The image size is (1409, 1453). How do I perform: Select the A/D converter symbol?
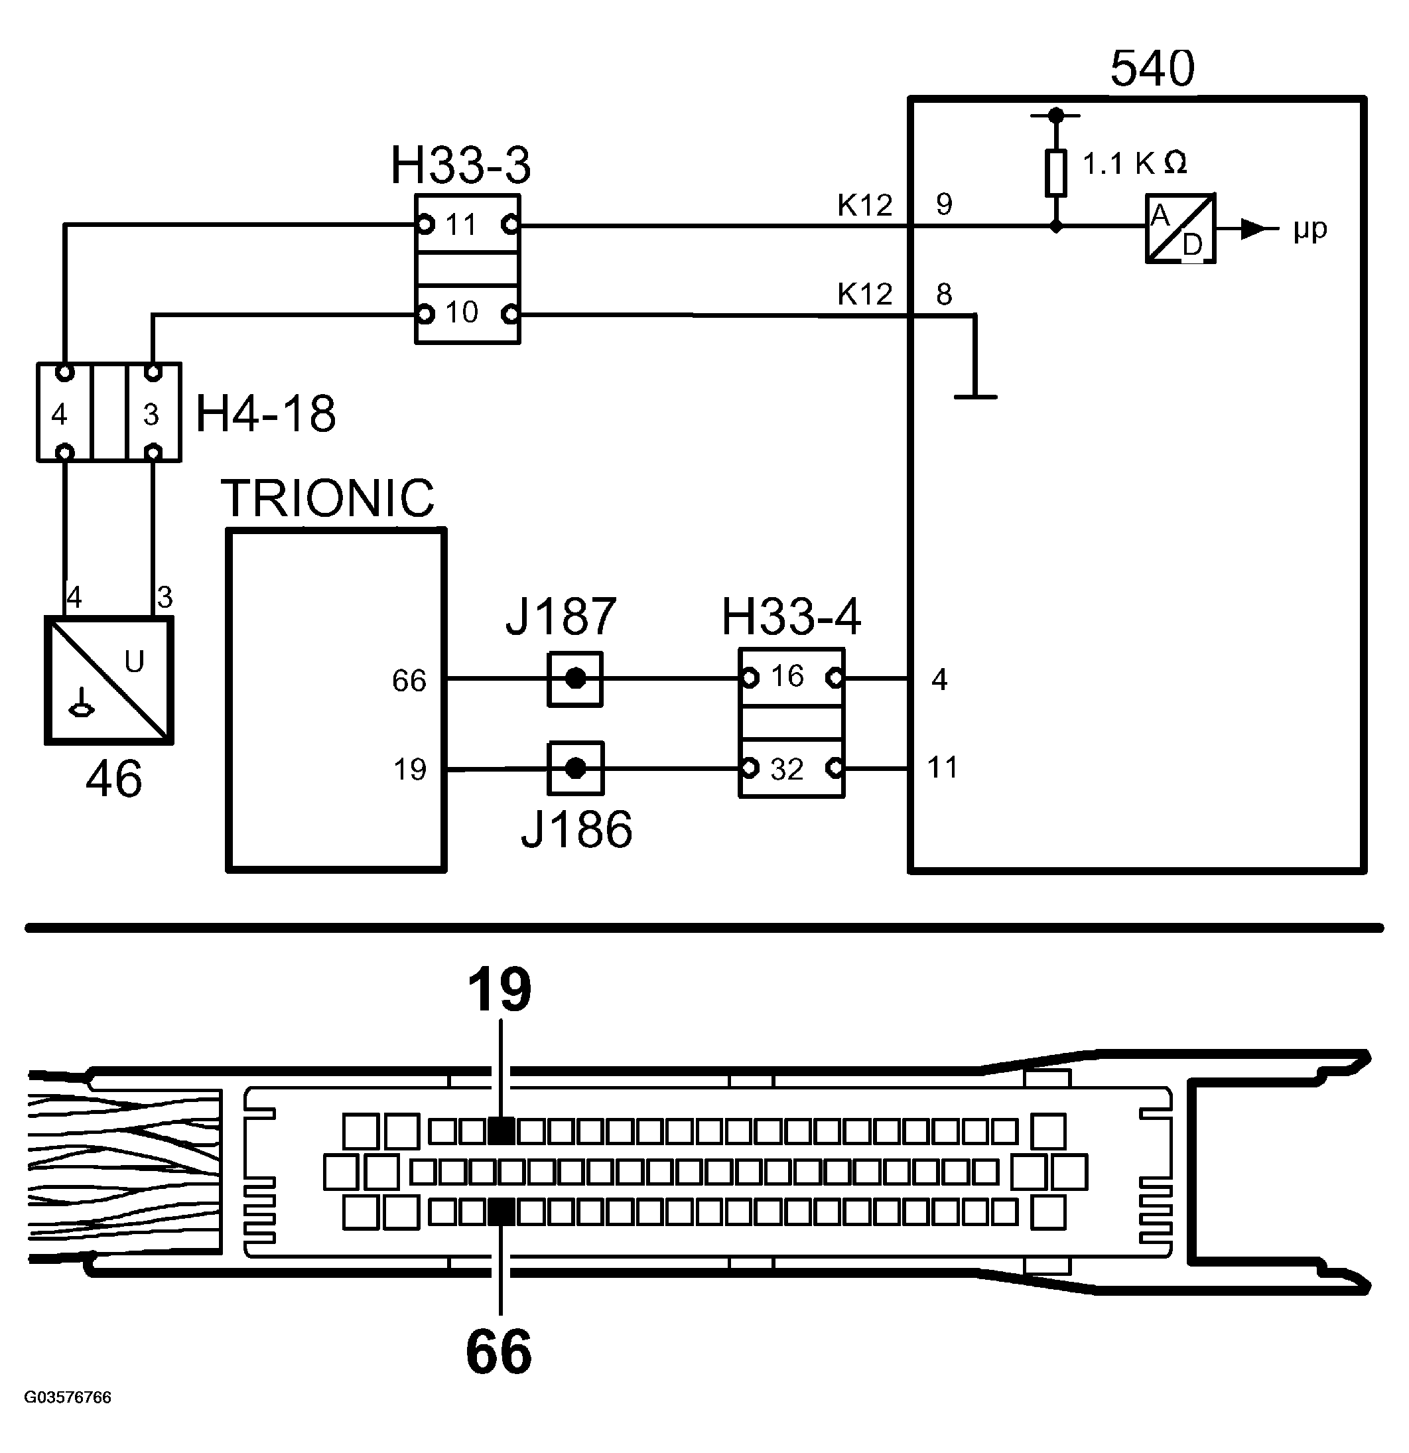[x=1180, y=228]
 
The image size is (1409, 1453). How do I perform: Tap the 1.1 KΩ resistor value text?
[x=1134, y=163]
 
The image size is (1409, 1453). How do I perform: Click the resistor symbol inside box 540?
[x=1055, y=173]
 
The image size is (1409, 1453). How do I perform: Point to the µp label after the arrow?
[x=1309, y=230]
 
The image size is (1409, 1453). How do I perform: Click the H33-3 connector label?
[x=460, y=165]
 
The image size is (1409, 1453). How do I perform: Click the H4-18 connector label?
[x=265, y=413]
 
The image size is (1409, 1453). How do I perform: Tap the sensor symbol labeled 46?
[x=109, y=680]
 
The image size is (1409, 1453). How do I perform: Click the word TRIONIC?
[x=328, y=498]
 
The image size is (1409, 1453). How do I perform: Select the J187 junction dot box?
[x=575, y=678]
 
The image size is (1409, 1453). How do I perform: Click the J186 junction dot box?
[x=576, y=768]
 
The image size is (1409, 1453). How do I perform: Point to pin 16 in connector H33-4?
[x=787, y=676]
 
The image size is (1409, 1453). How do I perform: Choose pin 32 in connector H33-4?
[x=787, y=770]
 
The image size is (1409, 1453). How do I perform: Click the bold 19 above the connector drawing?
[x=500, y=990]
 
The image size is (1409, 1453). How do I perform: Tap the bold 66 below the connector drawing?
[x=499, y=1351]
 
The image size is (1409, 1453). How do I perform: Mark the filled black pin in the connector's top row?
[x=502, y=1131]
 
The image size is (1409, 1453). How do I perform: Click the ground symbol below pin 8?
[x=974, y=397]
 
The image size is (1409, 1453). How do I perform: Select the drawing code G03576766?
[x=68, y=1397]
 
